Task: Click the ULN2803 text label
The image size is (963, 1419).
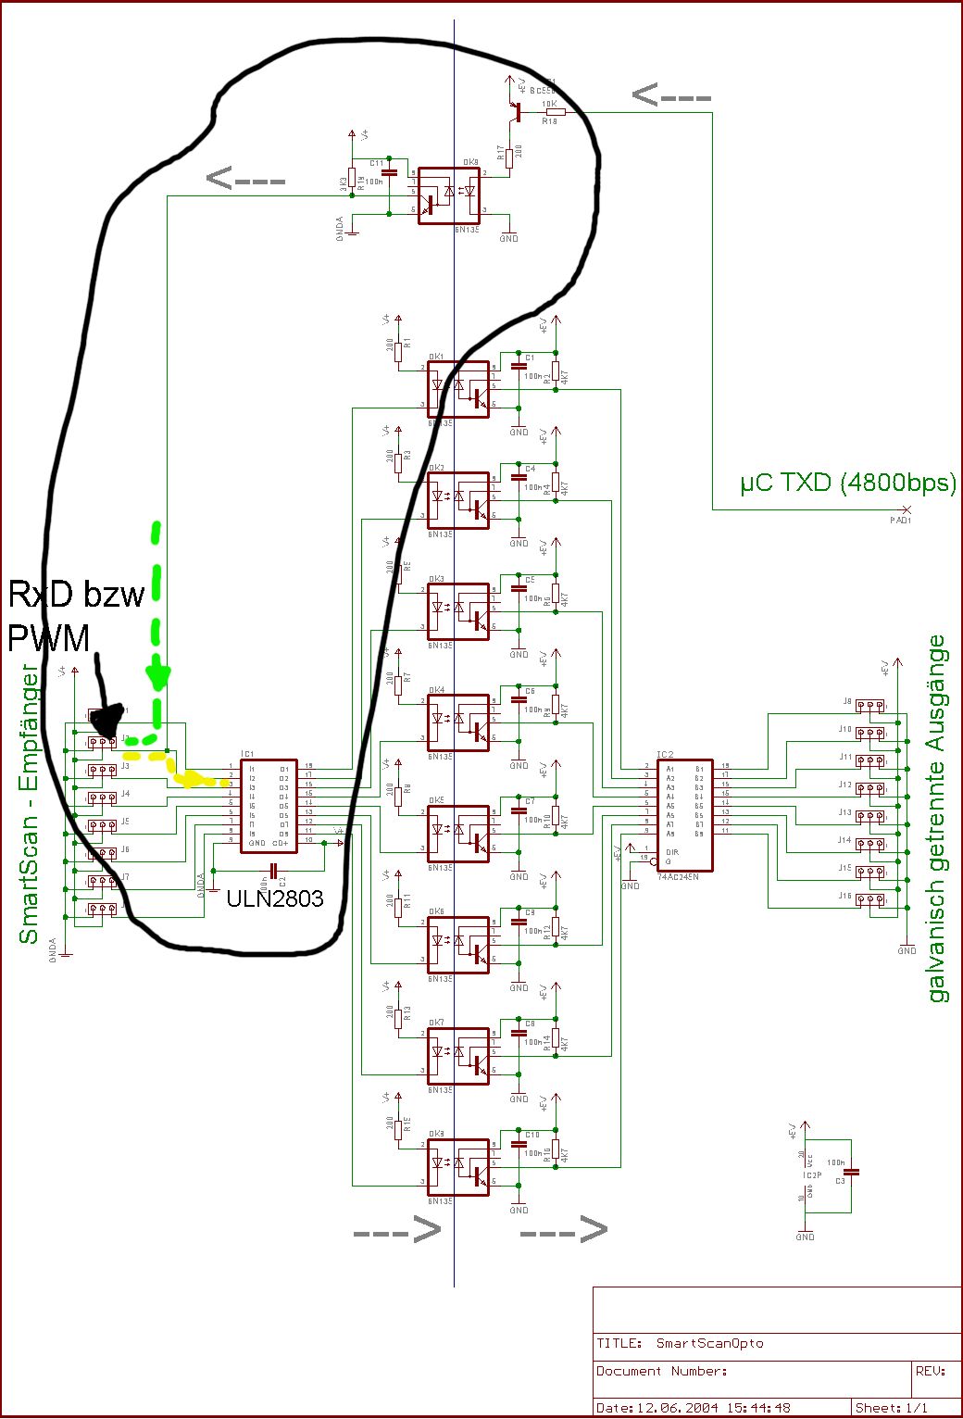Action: tap(274, 898)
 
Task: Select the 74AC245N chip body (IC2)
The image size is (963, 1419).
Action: tap(684, 815)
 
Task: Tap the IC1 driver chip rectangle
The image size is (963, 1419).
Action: tap(269, 806)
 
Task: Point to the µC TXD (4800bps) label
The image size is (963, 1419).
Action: tap(847, 483)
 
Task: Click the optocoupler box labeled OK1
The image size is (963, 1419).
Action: tap(458, 389)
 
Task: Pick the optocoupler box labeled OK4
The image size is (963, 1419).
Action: tap(458, 722)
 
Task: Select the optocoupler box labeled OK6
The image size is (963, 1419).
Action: tap(458, 945)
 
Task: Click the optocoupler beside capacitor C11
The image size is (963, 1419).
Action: tap(449, 195)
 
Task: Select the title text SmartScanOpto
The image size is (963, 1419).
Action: tap(709, 1343)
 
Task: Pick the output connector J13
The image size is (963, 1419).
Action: tap(869, 816)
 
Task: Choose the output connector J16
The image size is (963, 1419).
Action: tap(869, 899)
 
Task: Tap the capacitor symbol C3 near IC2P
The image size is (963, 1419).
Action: tap(851, 1173)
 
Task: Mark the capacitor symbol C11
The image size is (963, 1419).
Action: tap(389, 172)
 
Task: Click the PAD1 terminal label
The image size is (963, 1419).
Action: tap(901, 520)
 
